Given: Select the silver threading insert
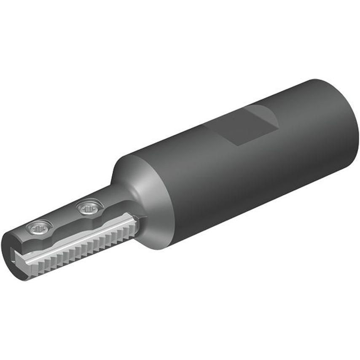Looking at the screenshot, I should (x=80, y=242).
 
